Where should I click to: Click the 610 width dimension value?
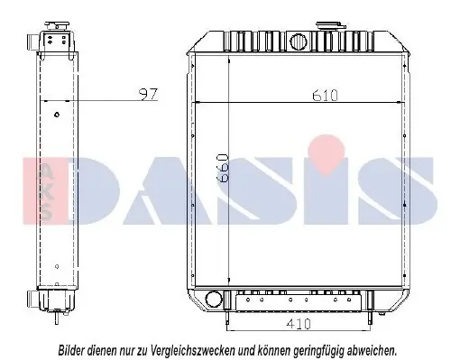[x=325, y=96]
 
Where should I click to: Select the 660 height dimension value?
[x=223, y=168]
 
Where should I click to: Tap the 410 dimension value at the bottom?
[x=298, y=324]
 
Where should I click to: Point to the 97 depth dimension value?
[x=148, y=94]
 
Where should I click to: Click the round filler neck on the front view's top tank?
[x=299, y=42]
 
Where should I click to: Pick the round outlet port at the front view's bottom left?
[x=214, y=299]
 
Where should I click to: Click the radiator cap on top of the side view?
[x=57, y=26]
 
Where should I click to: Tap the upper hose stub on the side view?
[x=32, y=40]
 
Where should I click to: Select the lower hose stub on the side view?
[x=32, y=298]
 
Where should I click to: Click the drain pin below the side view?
[x=57, y=317]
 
